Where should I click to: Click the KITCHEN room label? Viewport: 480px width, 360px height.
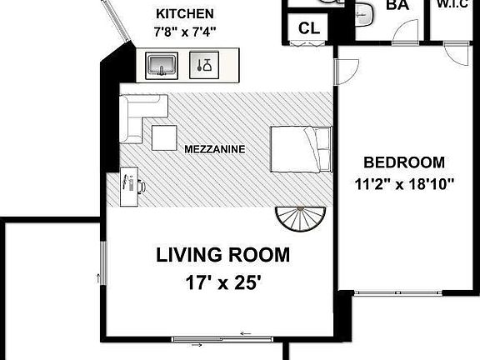(185, 14)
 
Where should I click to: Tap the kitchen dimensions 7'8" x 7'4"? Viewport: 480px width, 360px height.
(185, 32)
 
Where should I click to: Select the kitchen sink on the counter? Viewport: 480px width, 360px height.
(162, 66)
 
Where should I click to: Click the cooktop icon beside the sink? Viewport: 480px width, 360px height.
(204, 65)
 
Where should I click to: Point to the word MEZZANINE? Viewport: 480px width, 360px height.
(215, 149)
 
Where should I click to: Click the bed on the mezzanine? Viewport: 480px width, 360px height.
(301, 149)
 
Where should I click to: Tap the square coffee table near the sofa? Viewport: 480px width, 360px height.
(164, 137)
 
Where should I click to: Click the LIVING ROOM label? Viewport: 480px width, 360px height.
(222, 255)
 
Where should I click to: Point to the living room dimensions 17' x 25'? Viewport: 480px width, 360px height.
(223, 282)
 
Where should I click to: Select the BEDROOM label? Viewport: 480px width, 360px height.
(404, 162)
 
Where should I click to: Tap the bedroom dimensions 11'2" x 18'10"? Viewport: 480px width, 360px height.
(404, 184)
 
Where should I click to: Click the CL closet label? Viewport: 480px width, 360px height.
(309, 28)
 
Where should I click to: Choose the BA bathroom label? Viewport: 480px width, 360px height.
(397, 5)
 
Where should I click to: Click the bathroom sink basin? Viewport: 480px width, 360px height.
(364, 14)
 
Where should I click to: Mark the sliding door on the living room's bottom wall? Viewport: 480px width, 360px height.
(222, 339)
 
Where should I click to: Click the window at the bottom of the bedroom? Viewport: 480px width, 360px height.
(398, 292)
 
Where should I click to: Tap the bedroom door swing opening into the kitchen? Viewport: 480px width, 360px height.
(347, 72)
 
